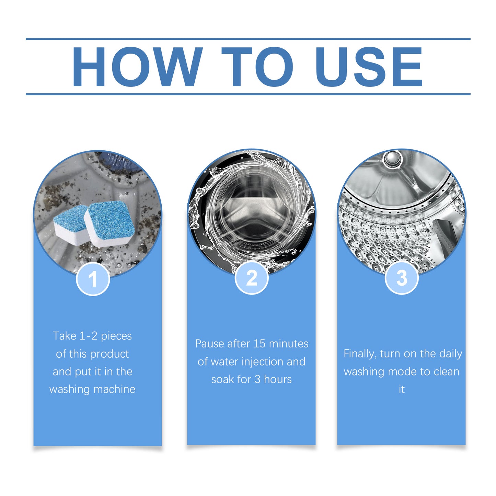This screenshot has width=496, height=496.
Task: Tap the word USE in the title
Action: pyautogui.click(x=369, y=67)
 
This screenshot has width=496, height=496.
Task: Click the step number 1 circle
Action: pyautogui.click(x=93, y=279)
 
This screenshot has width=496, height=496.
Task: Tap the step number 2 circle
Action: pyautogui.click(x=252, y=278)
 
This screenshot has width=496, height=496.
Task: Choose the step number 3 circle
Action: pyautogui.click(x=401, y=278)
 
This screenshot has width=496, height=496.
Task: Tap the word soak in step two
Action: pyautogui.click(x=223, y=379)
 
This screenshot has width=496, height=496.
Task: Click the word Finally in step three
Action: pyautogui.click(x=360, y=354)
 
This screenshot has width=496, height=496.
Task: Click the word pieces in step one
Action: pyautogui.click(x=116, y=336)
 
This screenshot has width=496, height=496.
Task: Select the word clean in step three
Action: pyautogui.click(x=446, y=371)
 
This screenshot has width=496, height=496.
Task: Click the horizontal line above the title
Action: pyautogui.click(x=248, y=39)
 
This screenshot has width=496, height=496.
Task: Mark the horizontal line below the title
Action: pyautogui.click(x=248, y=94)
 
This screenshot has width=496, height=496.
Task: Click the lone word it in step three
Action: pyautogui.click(x=401, y=389)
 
